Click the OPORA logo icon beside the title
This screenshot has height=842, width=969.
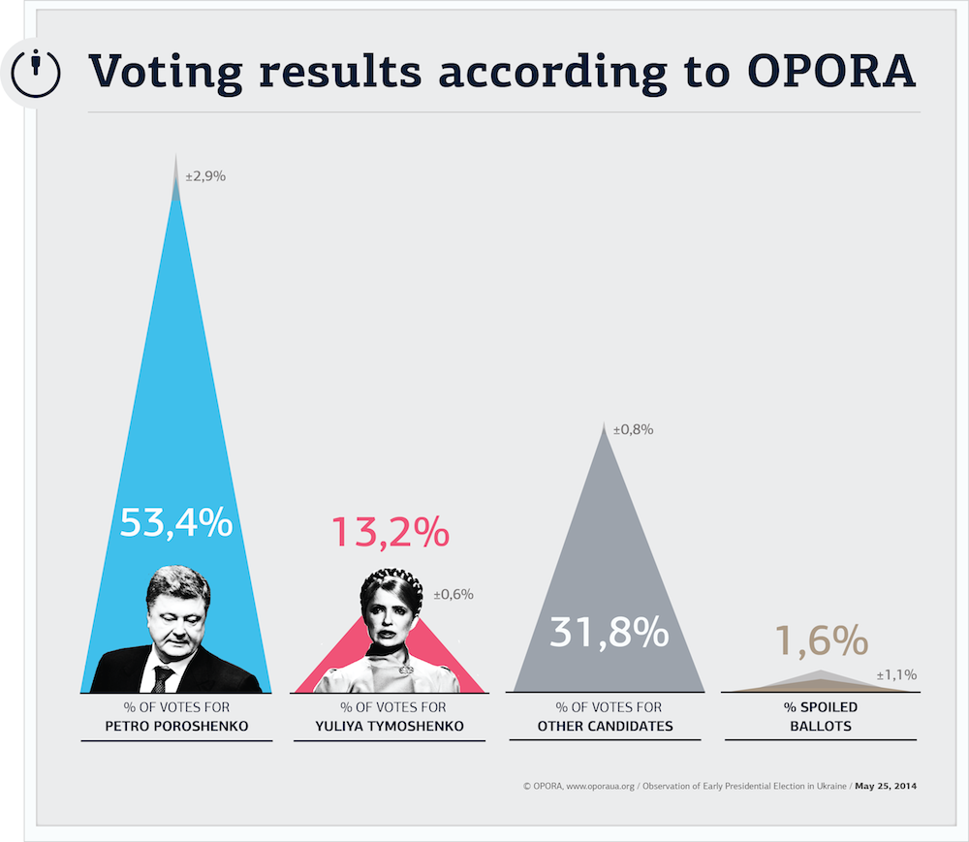coord(36,74)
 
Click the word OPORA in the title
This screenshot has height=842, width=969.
coord(831,71)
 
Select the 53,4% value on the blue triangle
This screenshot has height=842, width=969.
coord(176,522)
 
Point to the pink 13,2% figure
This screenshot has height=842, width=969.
coord(391,532)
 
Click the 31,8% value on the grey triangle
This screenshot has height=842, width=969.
coord(610,632)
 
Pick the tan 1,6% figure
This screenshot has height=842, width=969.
coord(822,639)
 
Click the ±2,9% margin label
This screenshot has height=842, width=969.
coord(205,176)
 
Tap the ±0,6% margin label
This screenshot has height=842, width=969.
coord(453,594)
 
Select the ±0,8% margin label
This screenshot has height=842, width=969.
coord(634,430)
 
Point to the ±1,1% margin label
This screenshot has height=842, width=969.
coord(896,675)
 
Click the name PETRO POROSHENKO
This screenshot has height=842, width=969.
coord(176,727)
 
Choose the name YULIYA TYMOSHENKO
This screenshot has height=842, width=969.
coord(390,727)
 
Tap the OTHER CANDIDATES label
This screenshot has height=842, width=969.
coord(605,727)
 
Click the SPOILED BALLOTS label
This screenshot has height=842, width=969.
coord(821,717)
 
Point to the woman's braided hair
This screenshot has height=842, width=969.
coord(391,585)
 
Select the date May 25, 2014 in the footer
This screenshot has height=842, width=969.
coord(886,787)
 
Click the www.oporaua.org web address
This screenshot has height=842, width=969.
coord(600,787)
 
